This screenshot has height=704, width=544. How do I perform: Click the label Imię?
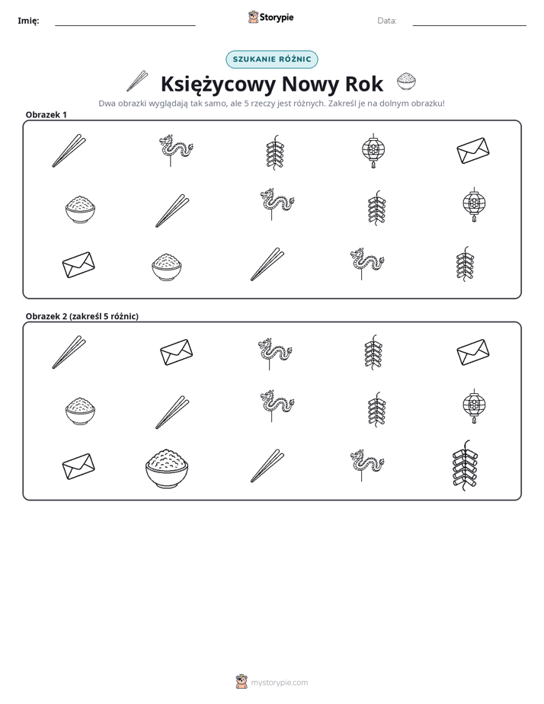(28, 21)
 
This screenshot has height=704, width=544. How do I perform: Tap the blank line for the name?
(125, 26)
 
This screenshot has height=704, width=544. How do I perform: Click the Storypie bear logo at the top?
(253, 17)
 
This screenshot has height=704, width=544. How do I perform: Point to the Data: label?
(387, 21)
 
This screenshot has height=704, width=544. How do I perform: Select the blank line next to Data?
(469, 26)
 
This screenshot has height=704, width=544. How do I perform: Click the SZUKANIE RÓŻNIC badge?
(272, 59)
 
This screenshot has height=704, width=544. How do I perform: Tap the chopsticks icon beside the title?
(137, 81)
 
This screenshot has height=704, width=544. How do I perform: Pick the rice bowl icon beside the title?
(406, 82)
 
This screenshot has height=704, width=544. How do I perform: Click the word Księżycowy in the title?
(218, 84)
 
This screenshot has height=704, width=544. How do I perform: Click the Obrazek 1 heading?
(46, 114)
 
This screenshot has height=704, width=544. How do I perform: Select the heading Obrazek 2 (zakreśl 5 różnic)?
(82, 316)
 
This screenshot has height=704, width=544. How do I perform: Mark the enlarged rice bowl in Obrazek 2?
(167, 468)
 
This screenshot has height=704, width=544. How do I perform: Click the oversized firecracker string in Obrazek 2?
(465, 465)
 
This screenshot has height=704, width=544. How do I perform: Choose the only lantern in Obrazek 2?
(474, 406)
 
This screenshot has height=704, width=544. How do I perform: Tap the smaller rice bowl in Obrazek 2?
(80, 411)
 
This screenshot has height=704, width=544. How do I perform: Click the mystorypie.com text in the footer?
(279, 683)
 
